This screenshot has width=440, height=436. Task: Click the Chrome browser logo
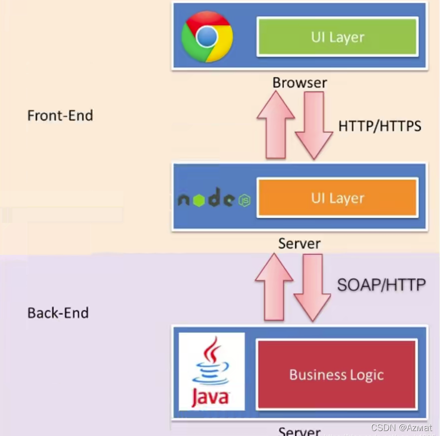click(x=206, y=36)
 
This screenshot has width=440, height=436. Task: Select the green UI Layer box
click(x=337, y=37)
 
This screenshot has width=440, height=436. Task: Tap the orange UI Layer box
click(x=337, y=198)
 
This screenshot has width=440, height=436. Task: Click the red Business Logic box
click(x=336, y=374)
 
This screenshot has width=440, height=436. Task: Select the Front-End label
click(x=60, y=116)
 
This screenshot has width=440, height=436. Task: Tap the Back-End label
click(x=58, y=313)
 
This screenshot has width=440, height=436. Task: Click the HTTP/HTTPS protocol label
click(x=379, y=126)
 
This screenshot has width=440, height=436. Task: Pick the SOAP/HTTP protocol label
click(x=381, y=285)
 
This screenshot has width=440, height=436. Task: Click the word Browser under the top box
click(x=300, y=82)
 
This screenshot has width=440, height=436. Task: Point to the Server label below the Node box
click(x=299, y=244)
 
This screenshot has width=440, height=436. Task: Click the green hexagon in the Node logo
click(x=199, y=200)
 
